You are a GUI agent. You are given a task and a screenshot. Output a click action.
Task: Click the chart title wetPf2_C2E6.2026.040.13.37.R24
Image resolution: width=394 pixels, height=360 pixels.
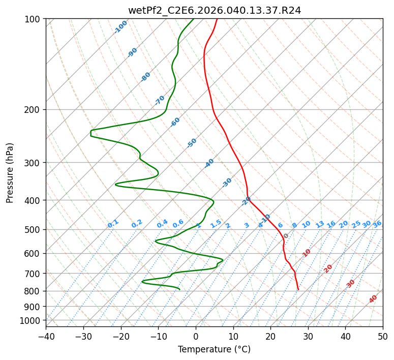(x=214, y=10)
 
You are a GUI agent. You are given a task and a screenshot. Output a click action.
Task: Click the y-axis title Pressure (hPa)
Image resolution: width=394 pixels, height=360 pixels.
(x=10, y=173)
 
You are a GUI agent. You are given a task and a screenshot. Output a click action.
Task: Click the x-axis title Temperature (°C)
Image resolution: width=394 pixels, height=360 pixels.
(x=214, y=350)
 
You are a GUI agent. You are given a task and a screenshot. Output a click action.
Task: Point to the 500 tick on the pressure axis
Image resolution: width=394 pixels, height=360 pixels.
(x=34, y=230)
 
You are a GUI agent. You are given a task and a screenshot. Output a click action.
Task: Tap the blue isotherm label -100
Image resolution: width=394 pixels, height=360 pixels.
(x=120, y=27)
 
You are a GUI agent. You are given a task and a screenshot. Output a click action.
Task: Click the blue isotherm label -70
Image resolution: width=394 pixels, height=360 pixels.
(x=160, y=100)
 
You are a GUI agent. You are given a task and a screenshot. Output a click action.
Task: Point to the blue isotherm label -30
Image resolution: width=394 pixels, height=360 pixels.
(x=227, y=183)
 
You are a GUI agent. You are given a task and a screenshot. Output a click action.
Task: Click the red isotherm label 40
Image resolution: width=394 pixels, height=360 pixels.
(x=373, y=299)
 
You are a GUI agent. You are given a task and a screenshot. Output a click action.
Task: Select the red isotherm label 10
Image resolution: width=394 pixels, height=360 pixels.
(x=307, y=253)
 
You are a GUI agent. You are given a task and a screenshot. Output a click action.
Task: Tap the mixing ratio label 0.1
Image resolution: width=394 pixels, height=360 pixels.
(x=113, y=224)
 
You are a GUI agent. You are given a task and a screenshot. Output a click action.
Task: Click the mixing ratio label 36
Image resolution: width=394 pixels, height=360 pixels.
(x=377, y=224)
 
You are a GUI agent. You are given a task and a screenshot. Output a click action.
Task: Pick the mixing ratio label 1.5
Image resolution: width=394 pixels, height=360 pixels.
(x=216, y=224)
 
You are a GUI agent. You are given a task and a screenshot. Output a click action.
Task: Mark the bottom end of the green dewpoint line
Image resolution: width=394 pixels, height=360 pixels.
(x=179, y=290)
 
